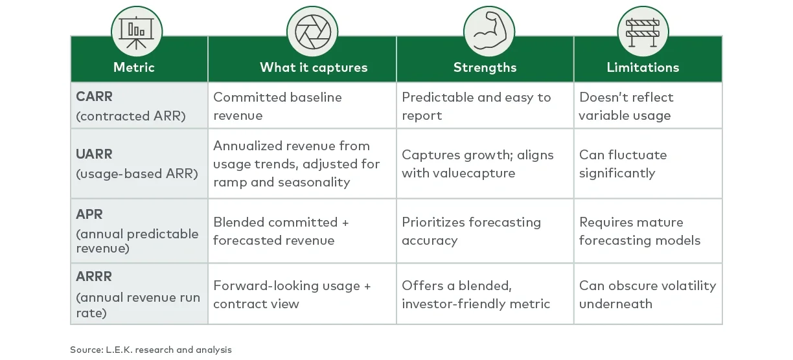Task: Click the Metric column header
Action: [134, 67]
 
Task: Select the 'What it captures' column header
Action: [314, 67]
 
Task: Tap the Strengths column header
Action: [485, 67]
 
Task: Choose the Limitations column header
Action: [643, 67]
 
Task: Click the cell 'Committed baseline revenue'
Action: [277, 106]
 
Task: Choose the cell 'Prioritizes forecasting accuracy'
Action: [471, 231]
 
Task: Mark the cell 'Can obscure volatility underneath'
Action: [647, 295]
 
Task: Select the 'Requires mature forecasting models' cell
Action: [639, 231]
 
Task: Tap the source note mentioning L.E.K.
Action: [151, 350]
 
